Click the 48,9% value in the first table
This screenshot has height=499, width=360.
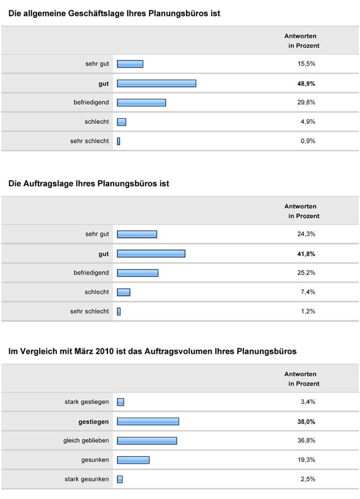pos(306,83)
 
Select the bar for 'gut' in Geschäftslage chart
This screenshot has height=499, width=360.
pos(156,83)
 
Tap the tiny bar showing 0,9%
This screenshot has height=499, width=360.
pos(118,141)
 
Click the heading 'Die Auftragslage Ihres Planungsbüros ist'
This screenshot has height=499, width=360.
pos(88,183)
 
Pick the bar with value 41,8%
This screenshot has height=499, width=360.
pos(151,253)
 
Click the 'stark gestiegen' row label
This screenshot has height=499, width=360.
pos(87,401)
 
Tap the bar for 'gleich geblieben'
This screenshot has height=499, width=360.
pos(146,440)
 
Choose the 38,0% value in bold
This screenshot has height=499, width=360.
pos(306,421)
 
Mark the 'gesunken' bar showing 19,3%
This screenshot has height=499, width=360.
pos(133,460)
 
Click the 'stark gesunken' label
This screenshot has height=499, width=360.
pos(87,479)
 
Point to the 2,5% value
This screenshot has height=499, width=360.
pos(308,479)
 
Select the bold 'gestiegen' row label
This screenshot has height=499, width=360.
pos(93,421)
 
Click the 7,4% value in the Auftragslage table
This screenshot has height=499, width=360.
pos(308,292)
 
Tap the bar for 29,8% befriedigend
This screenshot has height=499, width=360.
pos(141,102)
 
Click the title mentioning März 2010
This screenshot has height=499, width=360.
pos(152,351)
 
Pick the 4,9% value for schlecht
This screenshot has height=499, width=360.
pos(308,122)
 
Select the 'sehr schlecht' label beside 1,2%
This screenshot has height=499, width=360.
pos(90,311)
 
